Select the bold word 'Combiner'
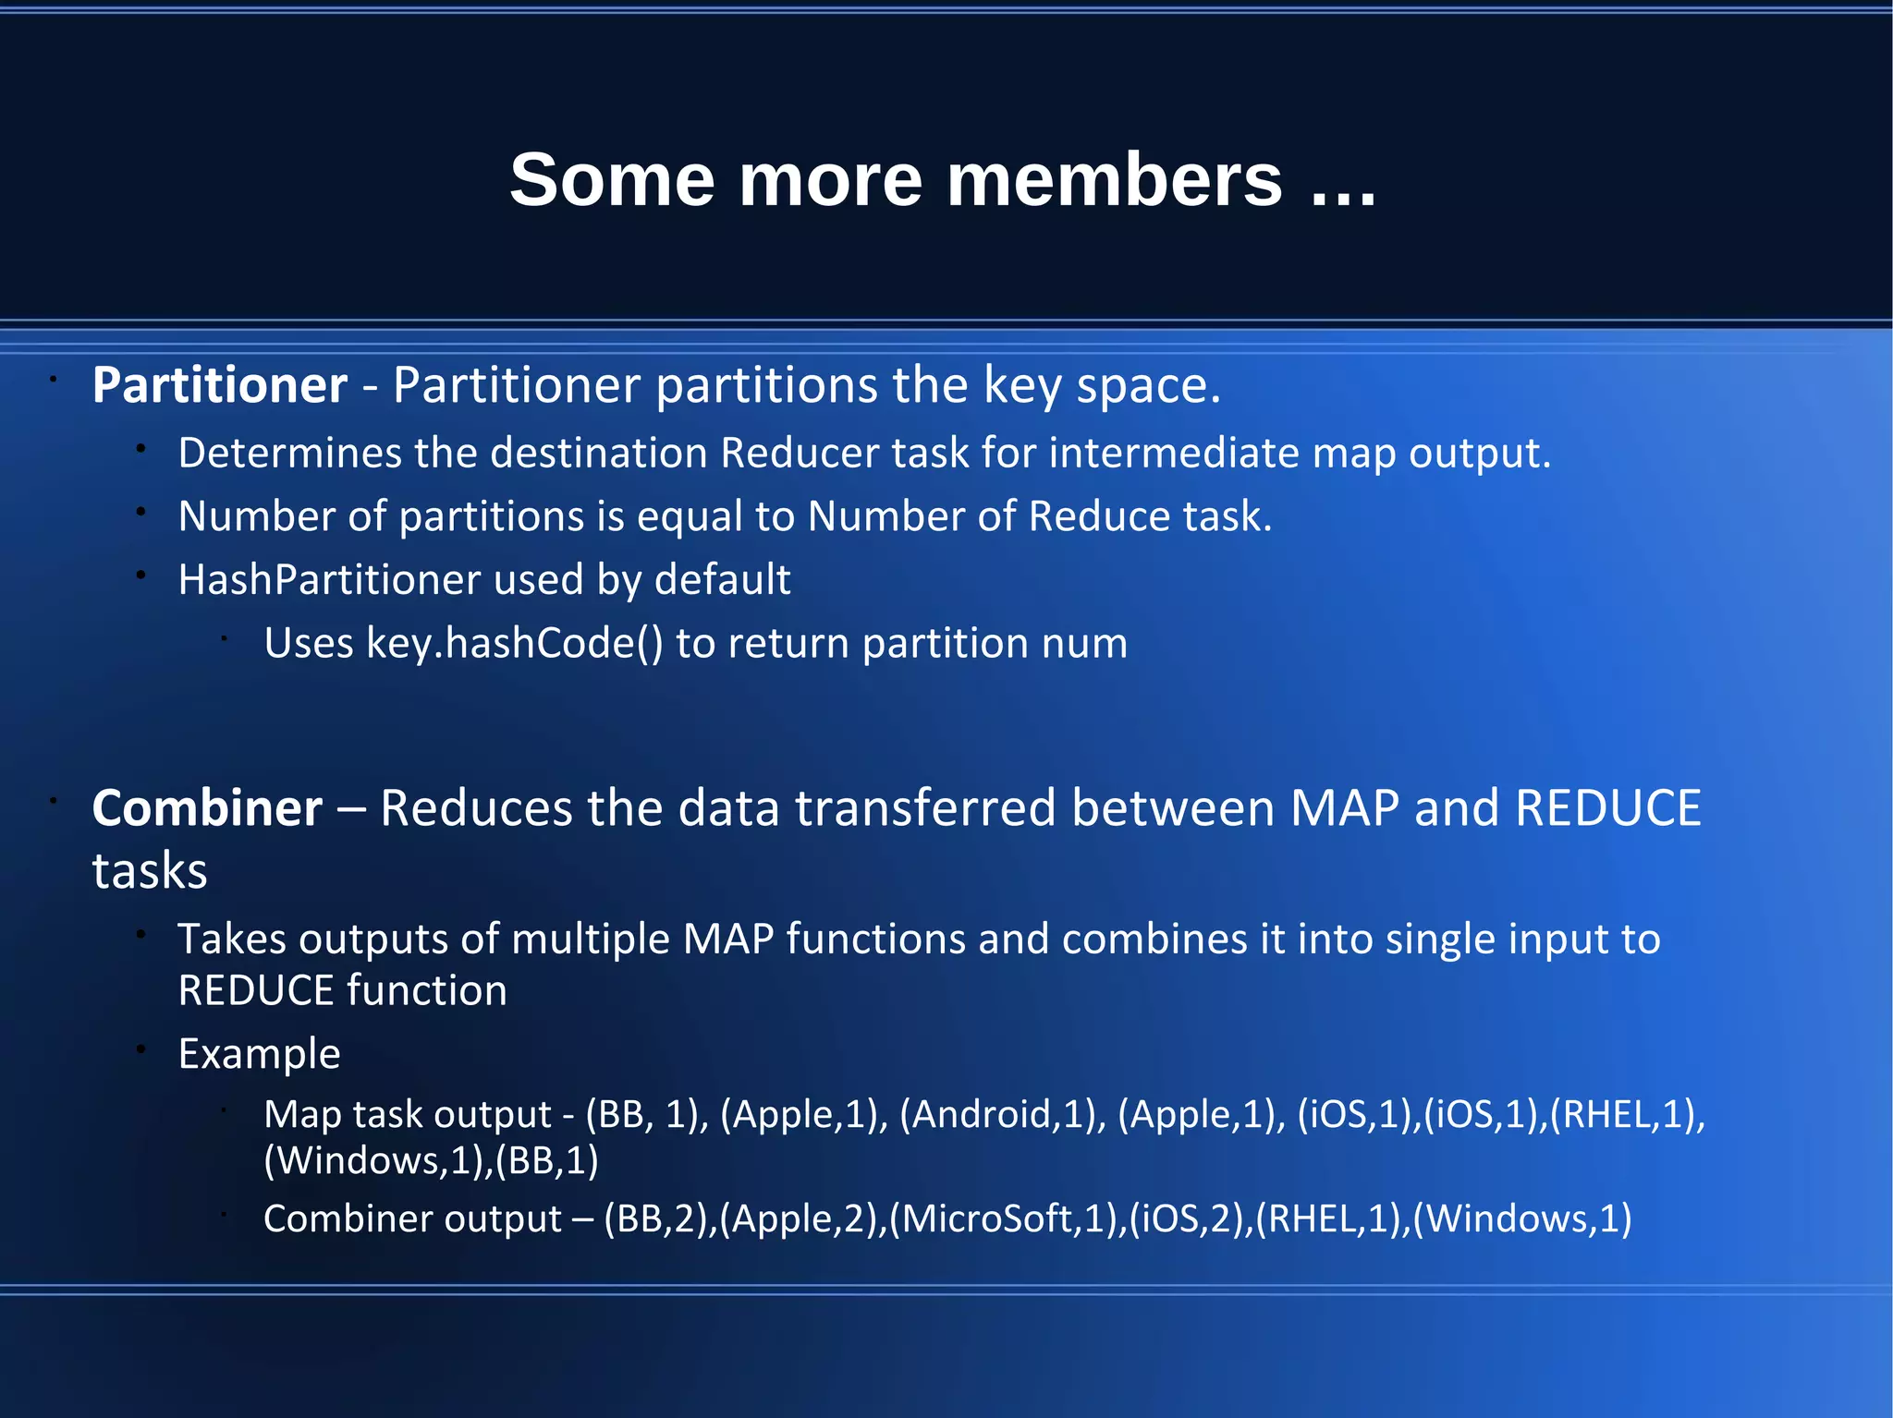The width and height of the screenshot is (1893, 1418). (208, 808)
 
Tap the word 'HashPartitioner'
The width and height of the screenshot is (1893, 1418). (329, 580)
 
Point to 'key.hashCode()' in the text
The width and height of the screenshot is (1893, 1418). (515, 643)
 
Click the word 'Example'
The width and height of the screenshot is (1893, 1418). (260, 1054)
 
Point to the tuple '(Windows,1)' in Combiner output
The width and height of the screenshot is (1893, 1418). (1522, 1219)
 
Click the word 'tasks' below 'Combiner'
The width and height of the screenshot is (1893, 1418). (150, 871)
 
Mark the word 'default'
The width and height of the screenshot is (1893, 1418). (722, 580)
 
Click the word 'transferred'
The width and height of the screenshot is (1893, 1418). (925, 808)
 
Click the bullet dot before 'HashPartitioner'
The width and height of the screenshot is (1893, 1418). (141, 576)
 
